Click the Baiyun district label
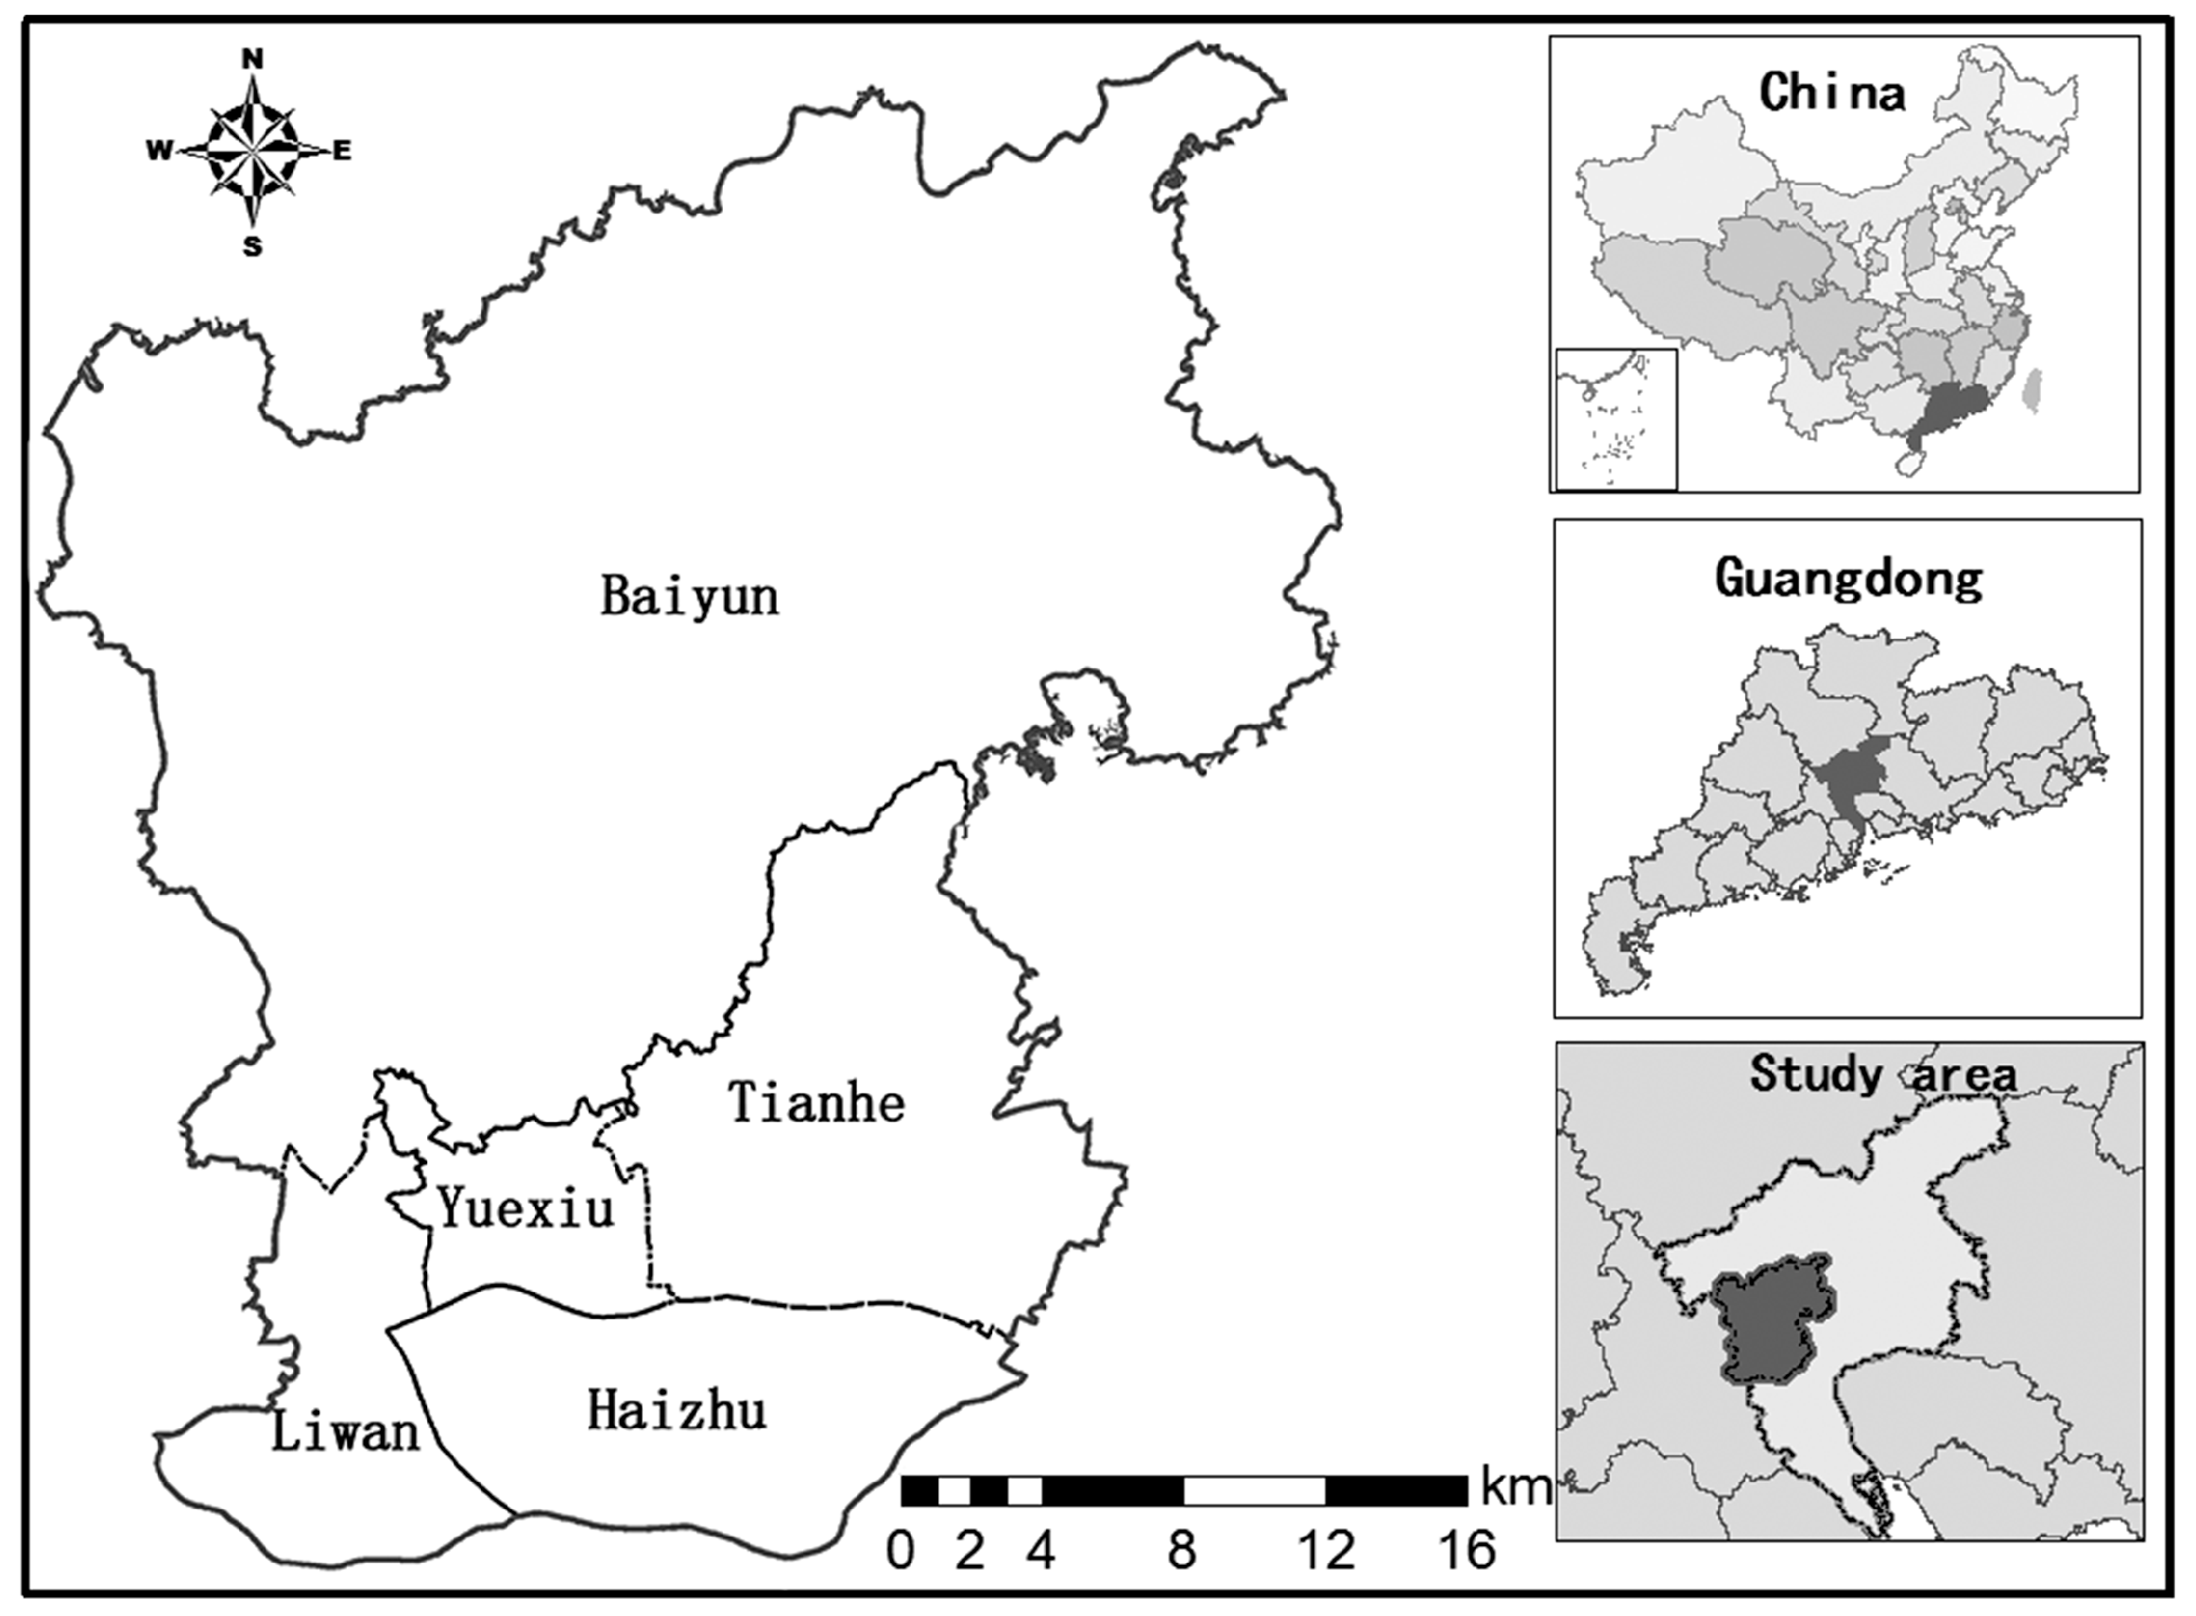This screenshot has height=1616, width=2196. pyautogui.click(x=690, y=595)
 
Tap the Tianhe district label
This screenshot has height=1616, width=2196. pyautogui.click(x=817, y=1104)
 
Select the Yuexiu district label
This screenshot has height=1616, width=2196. pyautogui.click(x=526, y=1208)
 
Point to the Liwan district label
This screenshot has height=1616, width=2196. pyautogui.click(x=344, y=1432)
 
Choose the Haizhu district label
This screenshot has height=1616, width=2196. pyautogui.click(x=677, y=1412)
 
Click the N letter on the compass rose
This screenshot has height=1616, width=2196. pyautogui.click(x=252, y=60)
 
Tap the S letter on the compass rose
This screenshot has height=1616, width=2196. pyautogui.click(x=252, y=247)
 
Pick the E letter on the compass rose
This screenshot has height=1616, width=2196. pyautogui.click(x=342, y=150)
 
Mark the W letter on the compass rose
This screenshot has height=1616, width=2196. pyautogui.click(x=159, y=150)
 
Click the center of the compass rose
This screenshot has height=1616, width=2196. pyautogui.click(x=252, y=151)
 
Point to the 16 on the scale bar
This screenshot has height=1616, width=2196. pyautogui.click(x=1467, y=1552)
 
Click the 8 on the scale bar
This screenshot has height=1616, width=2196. pyautogui.click(x=1183, y=1552)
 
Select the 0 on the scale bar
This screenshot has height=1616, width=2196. pyautogui.click(x=900, y=1552)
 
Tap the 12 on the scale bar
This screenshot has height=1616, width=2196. pyautogui.click(x=1327, y=1552)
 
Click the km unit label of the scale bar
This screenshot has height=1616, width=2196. pyautogui.click(x=1516, y=1487)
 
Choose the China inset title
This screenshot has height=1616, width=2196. pyautogui.click(x=1832, y=93)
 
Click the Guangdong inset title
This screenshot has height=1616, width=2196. pyautogui.click(x=1849, y=579)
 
